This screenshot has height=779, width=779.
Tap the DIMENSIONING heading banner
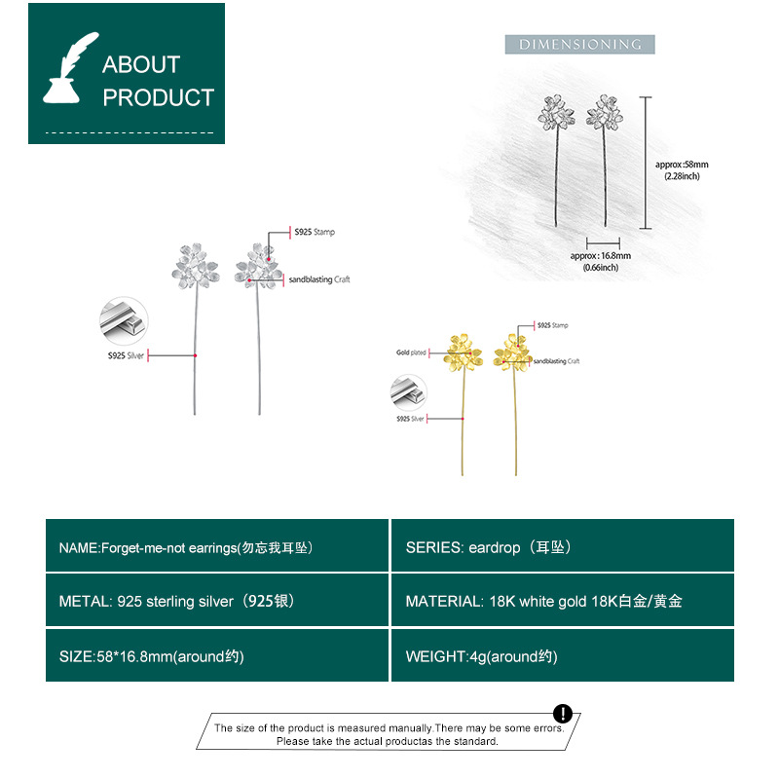point(579,45)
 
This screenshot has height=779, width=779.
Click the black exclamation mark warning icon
point(563,713)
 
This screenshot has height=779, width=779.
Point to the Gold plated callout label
point(411,352)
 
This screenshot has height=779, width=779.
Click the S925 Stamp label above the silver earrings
point(315,232)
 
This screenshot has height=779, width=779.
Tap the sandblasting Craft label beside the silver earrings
point(318,279)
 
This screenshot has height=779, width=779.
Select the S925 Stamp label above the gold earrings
point(552,325)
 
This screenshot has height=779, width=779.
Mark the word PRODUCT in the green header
point(158,97)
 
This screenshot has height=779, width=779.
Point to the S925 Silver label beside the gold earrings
point(410,418)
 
